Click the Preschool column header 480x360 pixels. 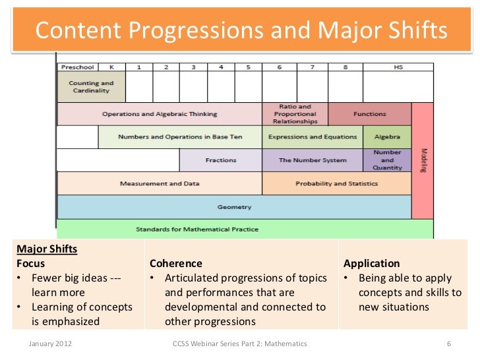pyautogui.click(x=78, y=67)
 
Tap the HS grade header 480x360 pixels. pyautogui.click(x=398, y=67)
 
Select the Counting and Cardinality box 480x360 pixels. pyautogui.click(x=91, y=87)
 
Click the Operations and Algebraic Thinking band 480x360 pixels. pyautogui.click(x=160, y=114)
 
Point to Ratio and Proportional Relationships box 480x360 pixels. pyautogui.click(x=295, y=114)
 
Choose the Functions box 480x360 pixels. pyautogui.click(x=369, y=114)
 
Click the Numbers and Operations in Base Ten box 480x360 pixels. pyautogui.click(x=180, y=137)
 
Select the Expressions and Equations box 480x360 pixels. pyautogui.click(x=313, y=137)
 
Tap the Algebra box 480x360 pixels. pyautogui.click(x=387, y=137)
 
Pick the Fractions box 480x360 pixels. pyautogui.click(x=220, y=160)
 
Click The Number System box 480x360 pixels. pyautogui.click(x=313, y=160)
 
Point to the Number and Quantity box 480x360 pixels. pyautogui.click(x=387, y=160)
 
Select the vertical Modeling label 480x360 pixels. pyautogui.click(x=423, y=160)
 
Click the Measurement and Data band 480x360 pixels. pyautogui.click(x=160, y=183)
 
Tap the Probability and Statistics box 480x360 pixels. pyautogui.click(x=336, y=183)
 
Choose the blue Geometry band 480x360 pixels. pyautogui.click(x=234, y=207)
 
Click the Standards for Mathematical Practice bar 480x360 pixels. pyautogui.click(x=197, y=229)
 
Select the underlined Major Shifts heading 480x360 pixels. pyautogui.click(x=47, y=249)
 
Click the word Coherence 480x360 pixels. pyautogui.click(x=176, y=263)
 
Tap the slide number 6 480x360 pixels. pyautogui.click(x=449, y=344)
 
